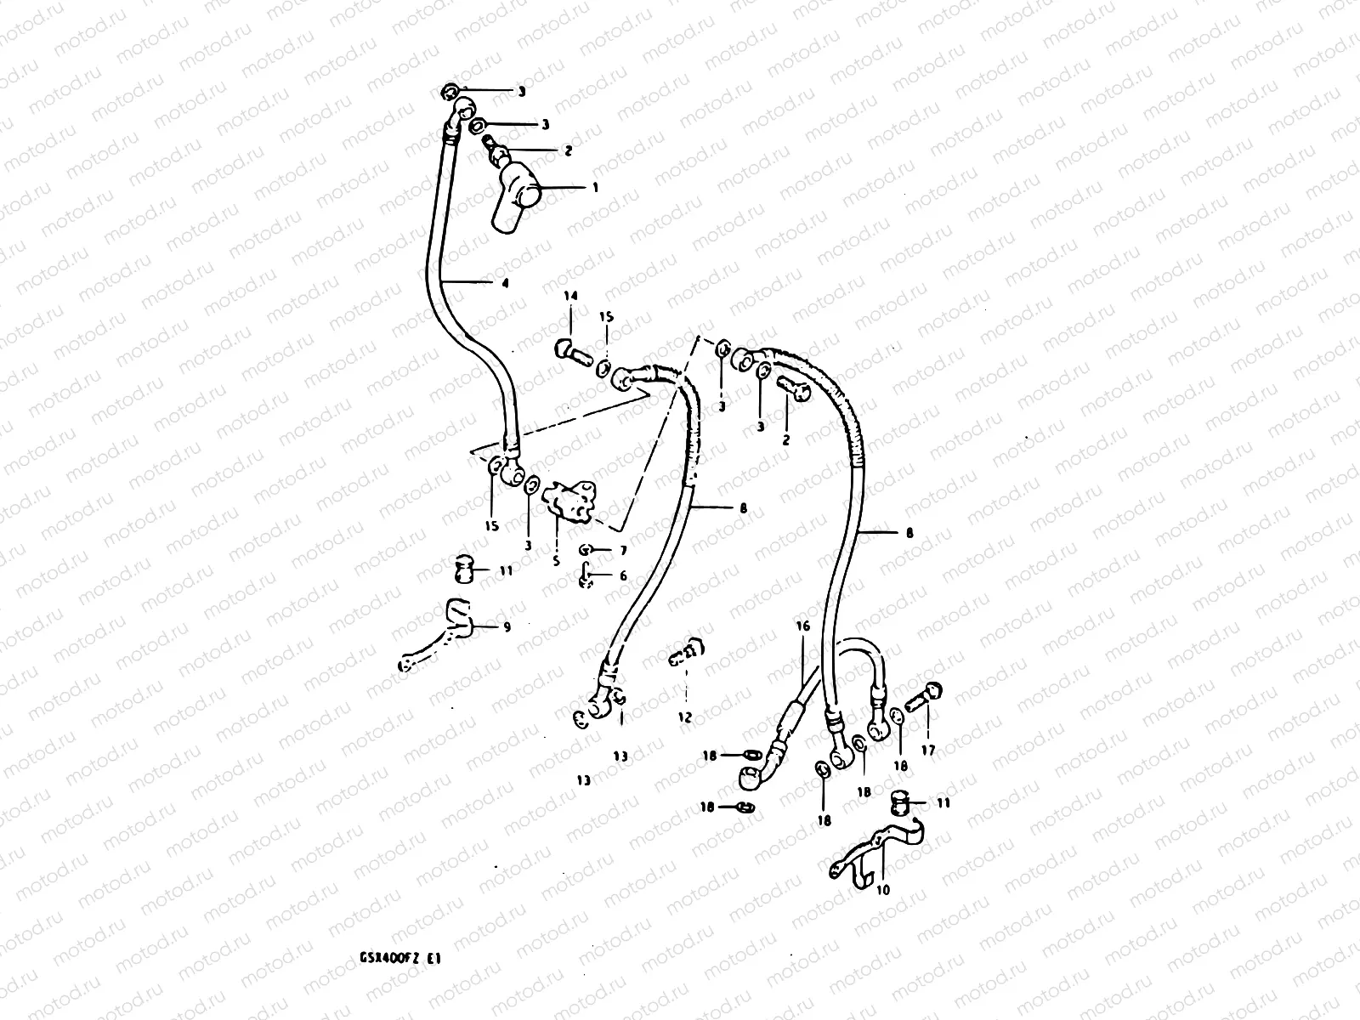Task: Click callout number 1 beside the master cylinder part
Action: tap(595, 187)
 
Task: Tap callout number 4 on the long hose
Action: tap(505, 284)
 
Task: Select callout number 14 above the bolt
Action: tap(569, 296)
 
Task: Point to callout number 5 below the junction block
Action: tap(557, 562)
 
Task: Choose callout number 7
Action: tap(623, 551)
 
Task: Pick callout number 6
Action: tap(623, 576)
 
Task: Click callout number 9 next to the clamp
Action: tap(507, 628)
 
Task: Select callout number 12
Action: tap(685, 717)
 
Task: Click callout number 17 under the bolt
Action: tap(927, 750)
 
